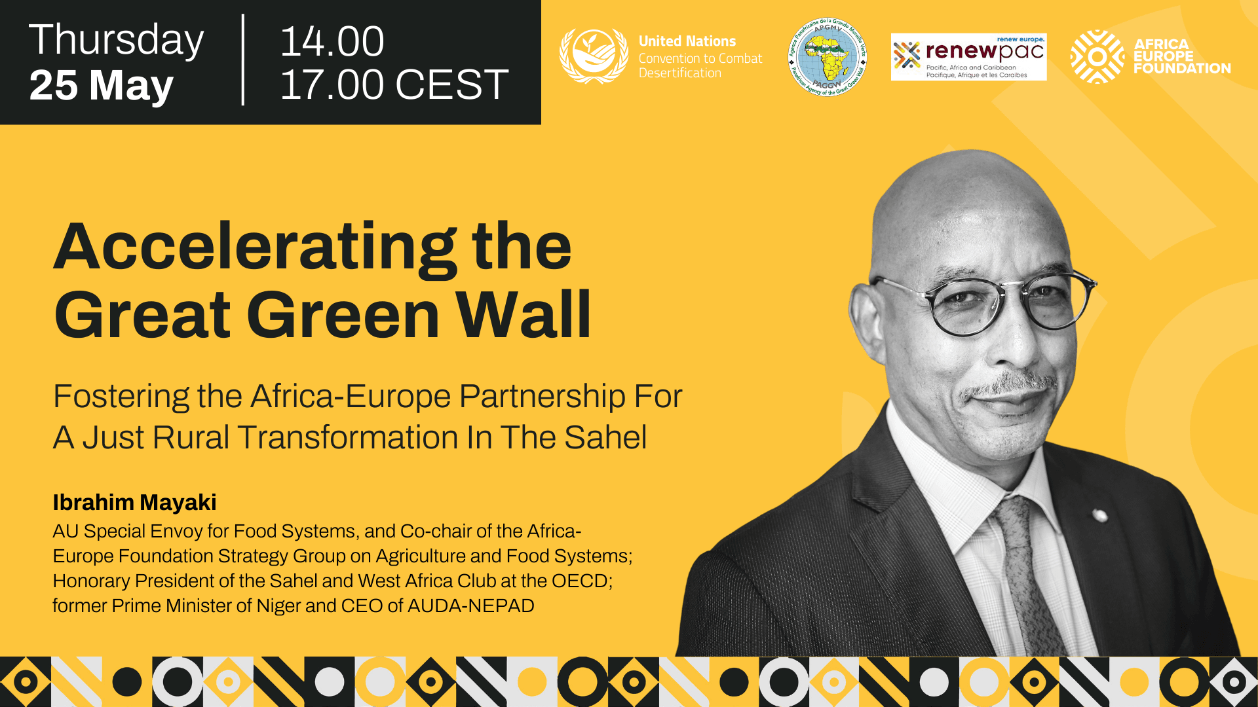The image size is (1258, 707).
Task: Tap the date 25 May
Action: click(x=102, y=85)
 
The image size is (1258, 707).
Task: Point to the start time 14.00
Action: click(x=332, y=41)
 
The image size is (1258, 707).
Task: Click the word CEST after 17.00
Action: click(x=452, y=84)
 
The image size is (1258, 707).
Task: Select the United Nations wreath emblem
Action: click(x=594, y=56)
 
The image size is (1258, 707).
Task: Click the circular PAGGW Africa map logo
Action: click(x=828, y=57)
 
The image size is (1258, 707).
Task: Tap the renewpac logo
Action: click(x=968, y=57)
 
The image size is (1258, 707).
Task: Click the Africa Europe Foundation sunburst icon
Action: click(x=1097, y=57)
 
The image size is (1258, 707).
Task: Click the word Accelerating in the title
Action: click(x=256, y=248)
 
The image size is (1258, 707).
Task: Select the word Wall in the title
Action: click(x=524, y=315)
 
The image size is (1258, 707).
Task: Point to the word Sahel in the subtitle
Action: click(x=605, y=437)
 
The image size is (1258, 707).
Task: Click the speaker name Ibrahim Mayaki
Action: click(x=134, y=502)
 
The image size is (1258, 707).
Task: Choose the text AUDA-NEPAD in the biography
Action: click(x=470, y=606)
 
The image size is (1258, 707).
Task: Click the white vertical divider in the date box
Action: click(x=243, y=60)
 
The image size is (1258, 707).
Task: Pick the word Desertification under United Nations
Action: click(x=679, y=73)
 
